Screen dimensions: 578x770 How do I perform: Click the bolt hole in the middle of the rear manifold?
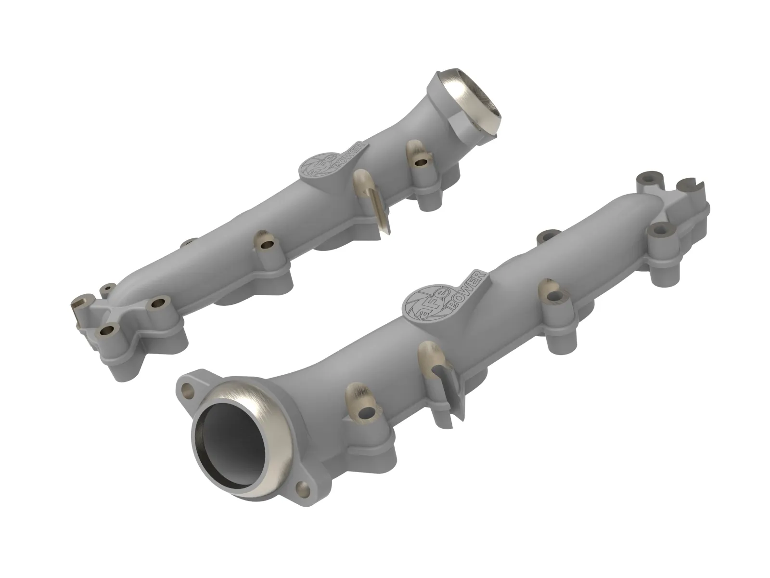[265, 245]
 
